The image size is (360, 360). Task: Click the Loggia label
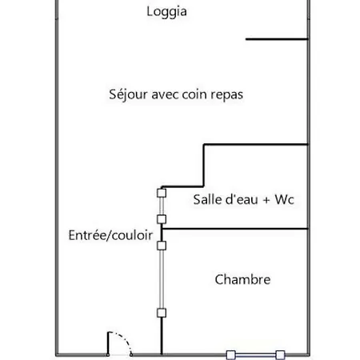click(x=166, y=12)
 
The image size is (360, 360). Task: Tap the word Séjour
click(x=128, y=94)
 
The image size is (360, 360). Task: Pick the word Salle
click(x=204, y=199)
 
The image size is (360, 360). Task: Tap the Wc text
click(x=284, y=200)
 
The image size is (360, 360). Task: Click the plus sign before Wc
click(x=266, y=200)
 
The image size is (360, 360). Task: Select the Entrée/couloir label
click(x=110, y=235)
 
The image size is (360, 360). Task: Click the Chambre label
click(x=242, y=279)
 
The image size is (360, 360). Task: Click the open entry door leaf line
click(x=108, y=343)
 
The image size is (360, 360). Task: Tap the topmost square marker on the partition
click(x=162, y=193)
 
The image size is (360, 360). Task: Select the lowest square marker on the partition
click(x=162, y=313)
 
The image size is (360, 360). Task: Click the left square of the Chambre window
click(x=231, y=355)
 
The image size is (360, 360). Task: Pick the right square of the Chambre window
click(x=280, y=355)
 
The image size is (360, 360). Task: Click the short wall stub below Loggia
click(x=277, y=39)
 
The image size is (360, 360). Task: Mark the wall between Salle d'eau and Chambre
click(x=235, y=229)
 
